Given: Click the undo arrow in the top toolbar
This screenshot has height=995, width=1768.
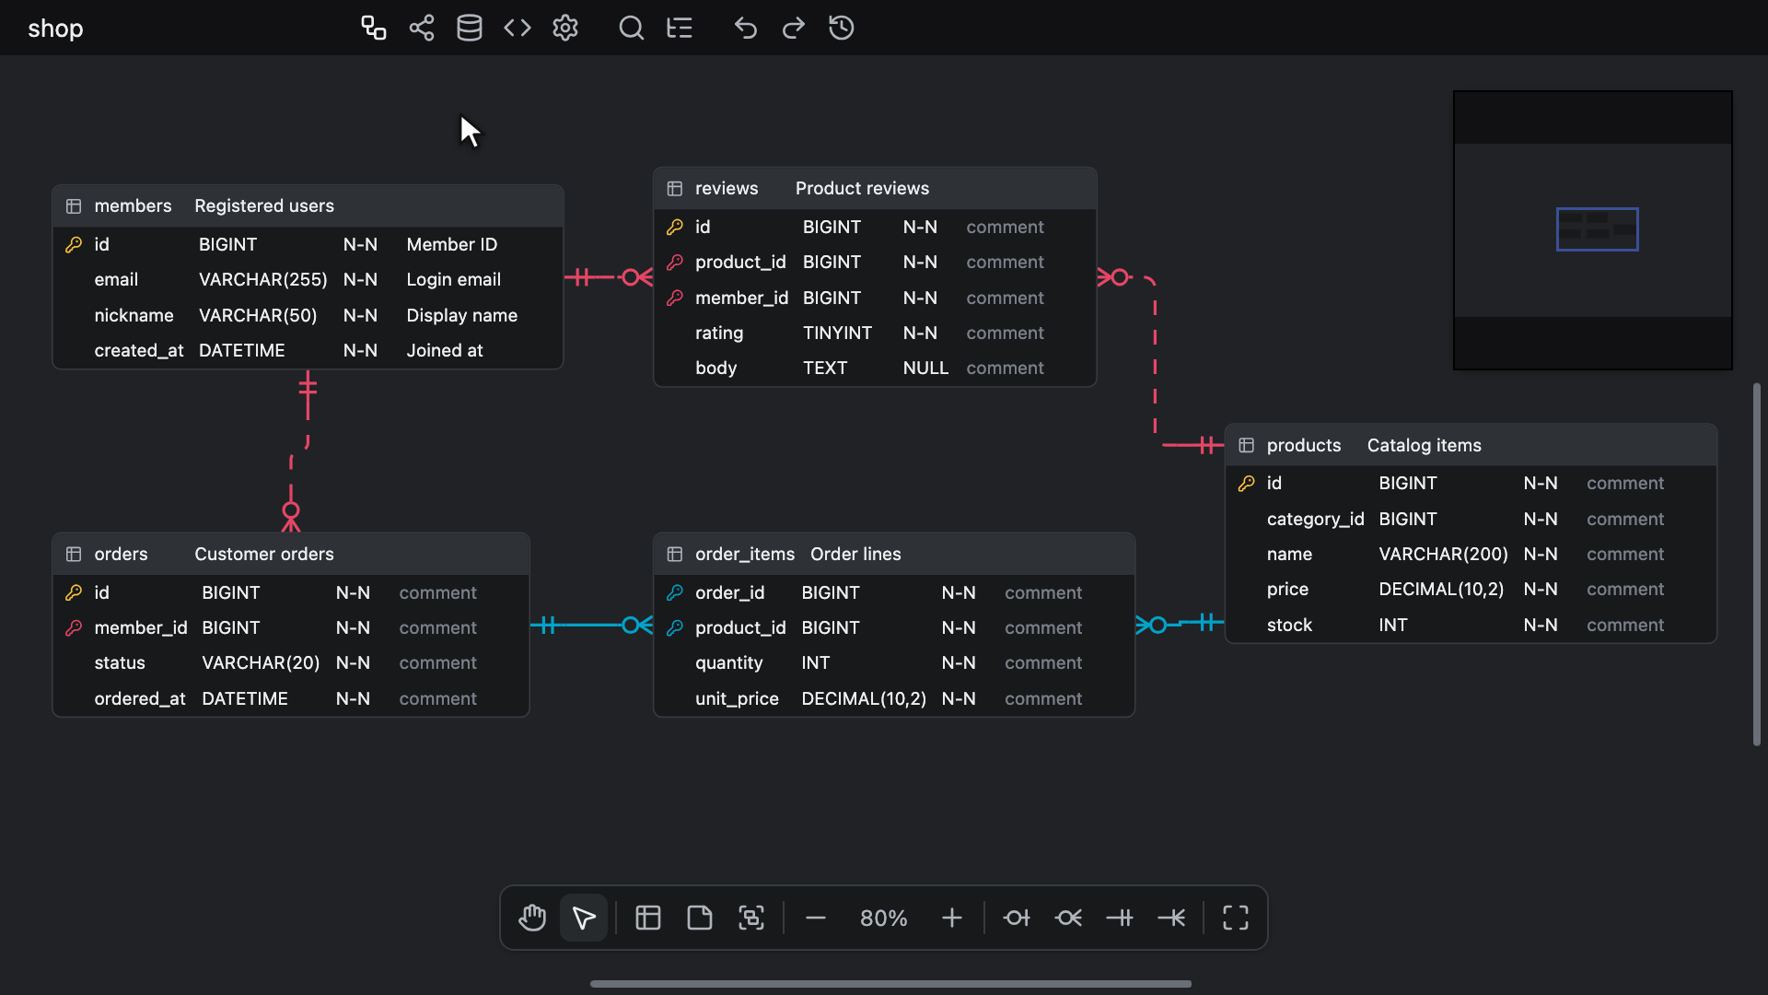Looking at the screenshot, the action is tap(745, 28).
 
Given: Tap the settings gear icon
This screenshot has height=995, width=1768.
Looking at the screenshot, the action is tap(565, 28).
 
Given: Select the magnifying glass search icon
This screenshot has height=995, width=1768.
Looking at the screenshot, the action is tap(631, 28).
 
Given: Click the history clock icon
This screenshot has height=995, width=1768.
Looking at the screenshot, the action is tap(841, 28).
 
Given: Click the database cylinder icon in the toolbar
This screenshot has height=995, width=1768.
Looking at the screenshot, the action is tap(470, 28).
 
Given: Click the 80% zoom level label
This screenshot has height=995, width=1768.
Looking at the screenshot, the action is tap(884, 919).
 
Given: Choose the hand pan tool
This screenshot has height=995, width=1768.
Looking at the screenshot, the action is tap(532, 918).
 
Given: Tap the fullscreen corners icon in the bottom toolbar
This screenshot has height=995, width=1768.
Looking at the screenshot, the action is tap(1236, 918).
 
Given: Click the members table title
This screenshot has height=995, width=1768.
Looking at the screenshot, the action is tap(133, 205).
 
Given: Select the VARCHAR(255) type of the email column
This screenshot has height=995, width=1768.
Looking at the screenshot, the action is tap(263, 279).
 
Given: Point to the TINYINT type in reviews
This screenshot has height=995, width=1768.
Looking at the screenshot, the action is tap(837, 333).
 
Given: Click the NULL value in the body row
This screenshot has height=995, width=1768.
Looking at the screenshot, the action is tap(925, 368).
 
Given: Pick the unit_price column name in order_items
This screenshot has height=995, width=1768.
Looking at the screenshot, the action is tap(737, 698).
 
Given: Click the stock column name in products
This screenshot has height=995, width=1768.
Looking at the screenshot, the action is tap(1289, 625).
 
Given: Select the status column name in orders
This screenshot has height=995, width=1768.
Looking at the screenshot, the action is tap(120, 662).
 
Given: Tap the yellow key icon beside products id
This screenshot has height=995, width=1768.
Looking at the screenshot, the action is tap(1246, 484).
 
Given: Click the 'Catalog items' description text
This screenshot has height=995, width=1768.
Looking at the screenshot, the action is tap(1425, 445).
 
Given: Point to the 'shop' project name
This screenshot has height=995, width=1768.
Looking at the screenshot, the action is tap(55, 29).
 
